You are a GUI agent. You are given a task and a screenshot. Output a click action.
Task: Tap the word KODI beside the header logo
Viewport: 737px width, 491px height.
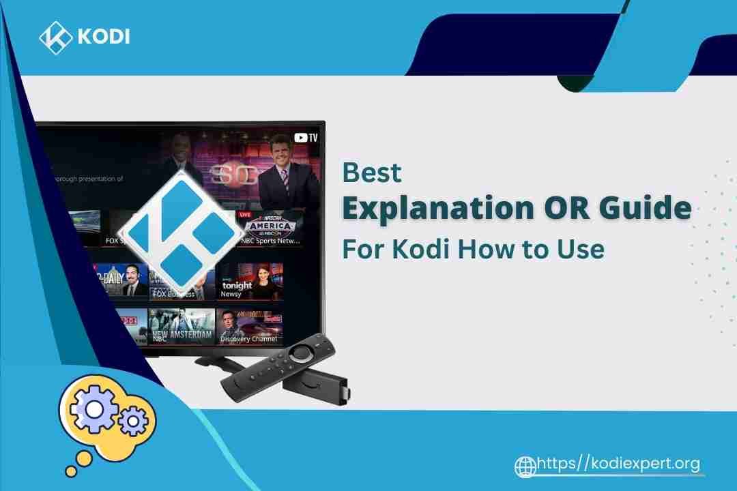(103, 37)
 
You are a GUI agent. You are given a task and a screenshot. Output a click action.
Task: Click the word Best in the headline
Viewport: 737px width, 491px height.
(372, 173)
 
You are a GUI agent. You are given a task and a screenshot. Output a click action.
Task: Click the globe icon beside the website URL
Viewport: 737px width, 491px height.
(525, 466)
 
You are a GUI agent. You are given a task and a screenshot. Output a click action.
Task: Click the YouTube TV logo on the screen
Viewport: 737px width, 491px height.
(304, 137)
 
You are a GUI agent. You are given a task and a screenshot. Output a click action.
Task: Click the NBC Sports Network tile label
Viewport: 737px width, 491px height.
(271, 241)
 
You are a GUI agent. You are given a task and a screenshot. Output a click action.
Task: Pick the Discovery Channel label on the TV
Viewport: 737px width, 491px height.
(248, 338)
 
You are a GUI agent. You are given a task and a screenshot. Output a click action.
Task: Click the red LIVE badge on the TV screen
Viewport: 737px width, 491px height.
(244, 214)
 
